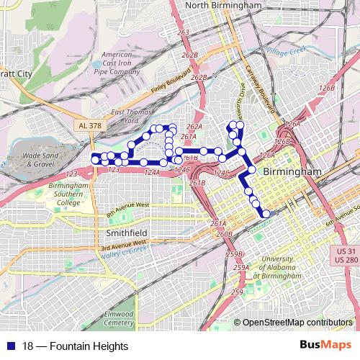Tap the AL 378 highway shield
[x=84, y=125]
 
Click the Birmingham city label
[x=292, y=174]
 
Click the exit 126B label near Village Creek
[x=327, y=88]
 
